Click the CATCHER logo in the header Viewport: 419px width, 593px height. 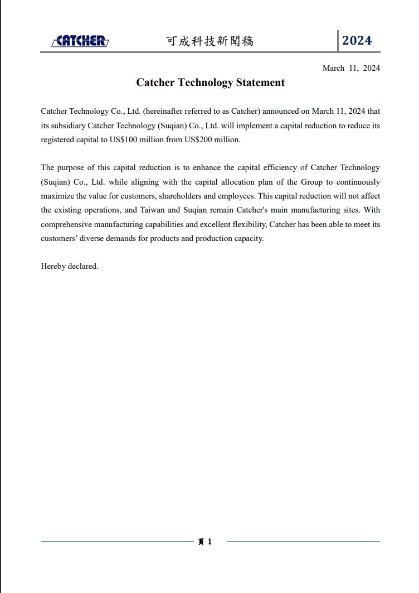click(x=80, y=41)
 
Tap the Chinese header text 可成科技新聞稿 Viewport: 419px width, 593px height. click(x=209, y=41)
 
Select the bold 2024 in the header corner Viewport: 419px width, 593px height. click(x=357, y=41)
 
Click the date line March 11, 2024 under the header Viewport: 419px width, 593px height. click(x=351, y=68)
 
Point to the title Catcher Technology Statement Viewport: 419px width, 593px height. click(x=210, y=83)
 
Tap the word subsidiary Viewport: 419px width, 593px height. click(x=69, y=126)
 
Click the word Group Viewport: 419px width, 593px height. click(x=312, y=182)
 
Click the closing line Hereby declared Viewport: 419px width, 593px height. click(x=69, y=266)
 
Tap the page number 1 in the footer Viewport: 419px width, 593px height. click(x=209, y=541)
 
